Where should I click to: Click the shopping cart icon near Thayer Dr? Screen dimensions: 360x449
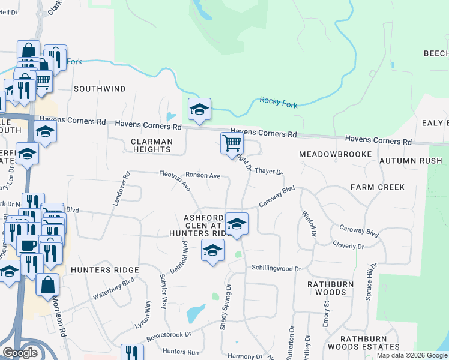point(232,144)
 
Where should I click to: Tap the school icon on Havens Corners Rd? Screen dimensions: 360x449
point(200,110)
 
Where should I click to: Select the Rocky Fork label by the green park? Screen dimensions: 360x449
point(279,102)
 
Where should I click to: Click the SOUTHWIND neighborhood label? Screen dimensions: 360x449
point(100,89)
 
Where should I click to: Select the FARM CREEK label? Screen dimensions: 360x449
point(378,187)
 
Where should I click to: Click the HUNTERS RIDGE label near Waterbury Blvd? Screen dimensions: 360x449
point(105,270)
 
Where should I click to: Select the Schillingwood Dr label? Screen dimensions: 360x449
point(276,268)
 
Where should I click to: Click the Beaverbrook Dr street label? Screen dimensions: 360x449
point(169,336)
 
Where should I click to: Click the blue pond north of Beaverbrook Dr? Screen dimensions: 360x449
point(195,314)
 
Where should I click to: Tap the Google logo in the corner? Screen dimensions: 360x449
point(20,353)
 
